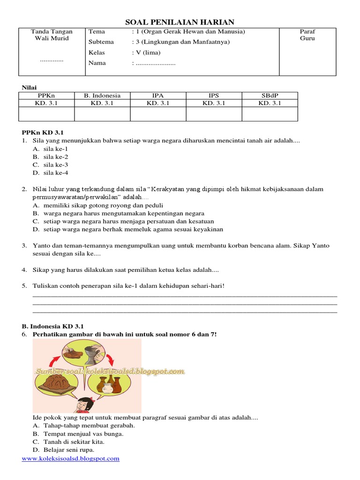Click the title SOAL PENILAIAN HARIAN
(180, 22)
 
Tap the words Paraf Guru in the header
(307, 35)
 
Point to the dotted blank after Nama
(155, 63)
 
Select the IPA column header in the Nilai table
(158, 96)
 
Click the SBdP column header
(270, 96)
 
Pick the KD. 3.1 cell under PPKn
(46, 103)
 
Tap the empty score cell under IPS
(214, 114)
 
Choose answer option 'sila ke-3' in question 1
(56, 165)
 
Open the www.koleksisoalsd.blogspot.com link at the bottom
(71, 458)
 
